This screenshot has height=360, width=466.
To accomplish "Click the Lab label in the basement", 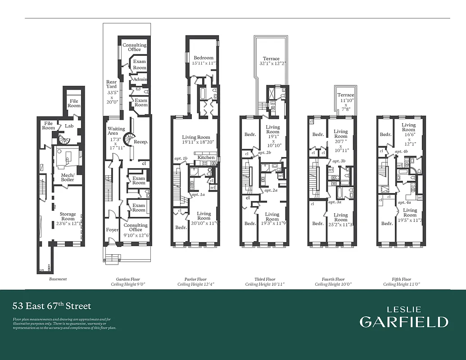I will [69, 126].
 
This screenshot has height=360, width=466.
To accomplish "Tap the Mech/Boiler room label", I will [68, 177].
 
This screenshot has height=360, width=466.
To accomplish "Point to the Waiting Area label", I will [113, 131].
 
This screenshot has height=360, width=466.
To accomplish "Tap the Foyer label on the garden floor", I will [112, 229].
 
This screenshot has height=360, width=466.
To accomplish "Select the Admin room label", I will [140, 80].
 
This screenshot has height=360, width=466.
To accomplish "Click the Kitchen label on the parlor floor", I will [206, 157].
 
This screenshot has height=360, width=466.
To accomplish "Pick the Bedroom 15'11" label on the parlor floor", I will [204, 58].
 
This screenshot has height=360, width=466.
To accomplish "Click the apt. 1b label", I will [181, 159].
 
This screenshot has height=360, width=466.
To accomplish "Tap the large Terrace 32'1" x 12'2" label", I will [271, 58].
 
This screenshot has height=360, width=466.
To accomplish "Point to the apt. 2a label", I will [271, 190].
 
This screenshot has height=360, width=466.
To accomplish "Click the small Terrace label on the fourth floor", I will [346, 95].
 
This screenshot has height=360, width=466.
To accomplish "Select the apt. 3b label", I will [339, 161].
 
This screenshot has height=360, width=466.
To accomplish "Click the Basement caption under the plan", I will [58, 279].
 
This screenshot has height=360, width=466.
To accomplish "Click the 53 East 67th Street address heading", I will [52, 306].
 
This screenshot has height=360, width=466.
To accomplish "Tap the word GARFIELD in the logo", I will [404, 322].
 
